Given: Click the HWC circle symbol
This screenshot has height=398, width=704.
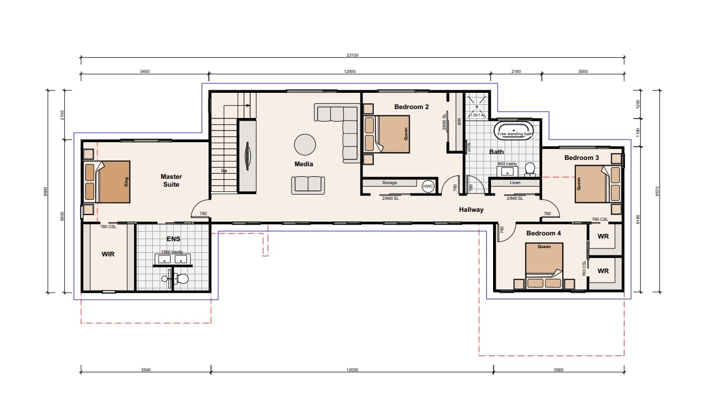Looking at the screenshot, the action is click(x=428, y=186).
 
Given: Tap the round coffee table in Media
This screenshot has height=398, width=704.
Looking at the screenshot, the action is click(x=305, y=145).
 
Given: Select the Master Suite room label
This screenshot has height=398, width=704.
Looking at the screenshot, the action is click(x=171, y=180).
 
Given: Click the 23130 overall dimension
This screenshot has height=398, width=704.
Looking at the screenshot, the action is click(x=352, y=55).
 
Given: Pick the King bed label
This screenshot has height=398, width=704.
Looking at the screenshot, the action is click(x=126, y=181).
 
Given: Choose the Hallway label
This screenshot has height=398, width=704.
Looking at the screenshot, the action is click(x=471, y=210).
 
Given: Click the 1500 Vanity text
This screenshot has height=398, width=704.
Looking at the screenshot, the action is click(x=172, y=252).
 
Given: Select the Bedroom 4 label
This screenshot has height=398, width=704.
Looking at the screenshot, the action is click(x=543, y=233).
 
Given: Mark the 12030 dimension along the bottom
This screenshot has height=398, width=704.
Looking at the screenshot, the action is click(x=352, y=370).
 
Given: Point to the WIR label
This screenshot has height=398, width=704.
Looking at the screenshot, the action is click(x=108, y=254).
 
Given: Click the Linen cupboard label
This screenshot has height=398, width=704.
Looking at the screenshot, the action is click(x=515, y=182).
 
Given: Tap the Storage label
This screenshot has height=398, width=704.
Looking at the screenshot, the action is click(x=389, y=182).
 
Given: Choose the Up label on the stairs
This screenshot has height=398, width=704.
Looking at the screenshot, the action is click(x=224, y=170).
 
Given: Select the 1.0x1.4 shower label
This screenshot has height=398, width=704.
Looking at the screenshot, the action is click(x=477, y=115).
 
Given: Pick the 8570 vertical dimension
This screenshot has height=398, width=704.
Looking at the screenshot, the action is click(x=657, y=191).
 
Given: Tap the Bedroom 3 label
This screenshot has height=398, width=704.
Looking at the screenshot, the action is click(x=582, y=158).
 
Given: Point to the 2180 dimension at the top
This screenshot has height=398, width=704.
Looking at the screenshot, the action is click(x=516, y=71).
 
